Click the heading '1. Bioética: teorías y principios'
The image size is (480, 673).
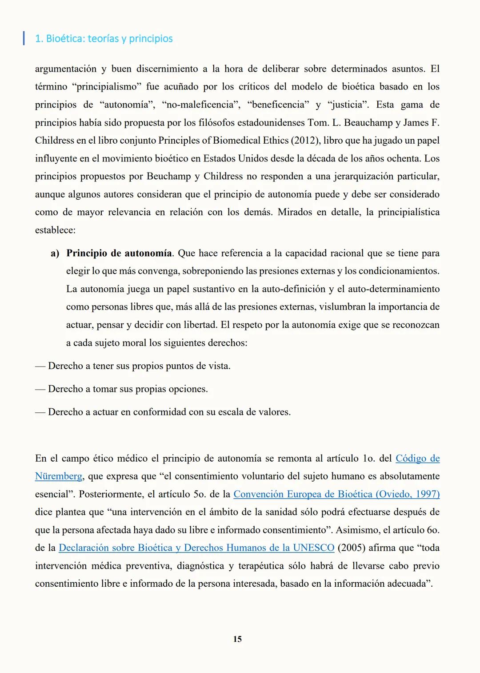tap(104, 39)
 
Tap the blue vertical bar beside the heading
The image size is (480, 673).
tap(24, 38)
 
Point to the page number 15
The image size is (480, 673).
tap(237, 639)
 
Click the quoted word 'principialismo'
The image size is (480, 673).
tap(106, 87)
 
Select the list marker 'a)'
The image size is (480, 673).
tap(55, 254)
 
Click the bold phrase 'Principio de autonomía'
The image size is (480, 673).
tap(119, 254)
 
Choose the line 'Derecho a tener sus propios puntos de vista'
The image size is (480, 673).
tap(139, 366)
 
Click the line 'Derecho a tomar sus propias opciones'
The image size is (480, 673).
tap(128, 389)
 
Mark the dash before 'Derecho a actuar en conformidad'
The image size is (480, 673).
tap(40, 412)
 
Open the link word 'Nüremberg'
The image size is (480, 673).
tap(59, 476)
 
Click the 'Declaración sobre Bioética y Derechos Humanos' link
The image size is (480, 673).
tap(196, 548)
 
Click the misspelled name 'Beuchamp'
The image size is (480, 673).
tap(168, 176)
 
